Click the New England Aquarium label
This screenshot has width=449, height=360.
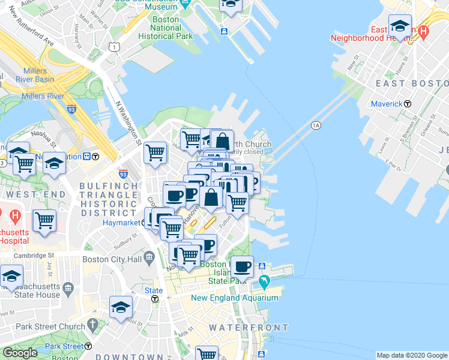235,298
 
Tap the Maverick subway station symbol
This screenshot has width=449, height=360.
408,104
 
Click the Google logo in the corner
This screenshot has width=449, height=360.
20,353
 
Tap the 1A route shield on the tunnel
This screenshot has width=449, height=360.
316,125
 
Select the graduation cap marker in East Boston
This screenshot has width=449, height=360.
400,26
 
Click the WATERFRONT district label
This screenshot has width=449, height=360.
249,328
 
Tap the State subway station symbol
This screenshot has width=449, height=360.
155,298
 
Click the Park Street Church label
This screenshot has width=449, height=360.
51,326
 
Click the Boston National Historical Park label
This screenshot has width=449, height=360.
166,28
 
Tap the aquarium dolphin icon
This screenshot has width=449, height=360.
265,281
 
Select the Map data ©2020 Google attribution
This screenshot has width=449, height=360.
412,355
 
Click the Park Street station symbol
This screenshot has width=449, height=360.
88,346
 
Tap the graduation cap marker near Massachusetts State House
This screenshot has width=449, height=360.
11,277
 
